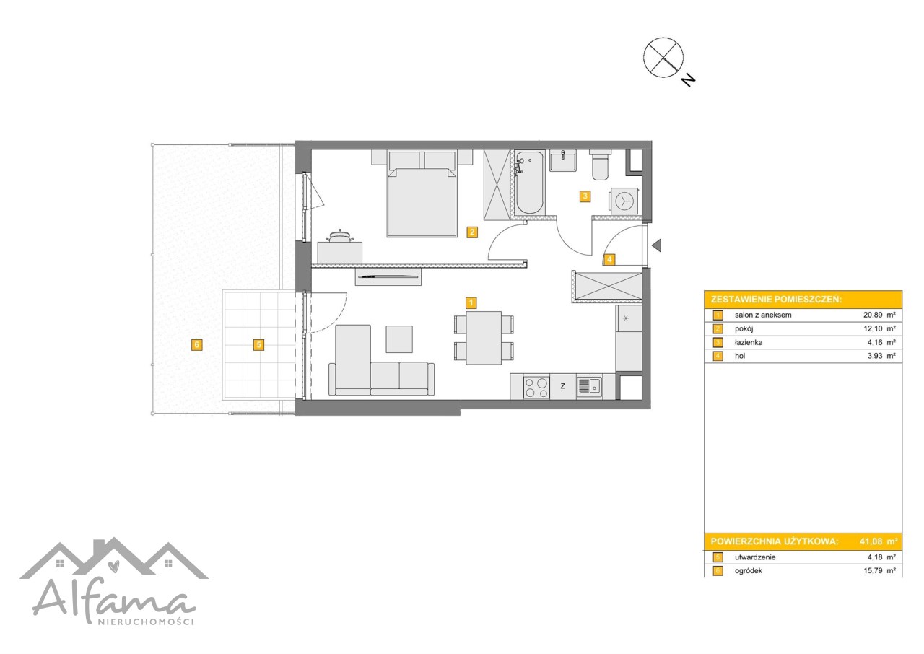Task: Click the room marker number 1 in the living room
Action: [471, 303]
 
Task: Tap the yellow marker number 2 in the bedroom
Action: [472, 232]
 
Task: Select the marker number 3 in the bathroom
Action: [585, 196]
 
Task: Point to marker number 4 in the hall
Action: [609, 259]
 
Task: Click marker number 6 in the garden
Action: [197, 345]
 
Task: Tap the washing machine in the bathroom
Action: [623, 201]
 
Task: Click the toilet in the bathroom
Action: [600, 165]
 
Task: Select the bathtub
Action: [530, 183]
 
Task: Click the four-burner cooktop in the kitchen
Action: [536, 387]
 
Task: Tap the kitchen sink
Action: [589, 387]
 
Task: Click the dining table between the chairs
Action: [484, 338]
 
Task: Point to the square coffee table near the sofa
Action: [399, 339]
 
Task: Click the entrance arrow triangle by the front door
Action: [657, 245]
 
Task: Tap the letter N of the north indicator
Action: [688, 79]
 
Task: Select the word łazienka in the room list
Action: [749, 342]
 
